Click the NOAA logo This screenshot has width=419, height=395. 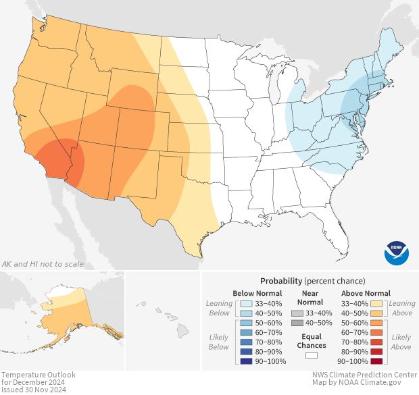[x=397, y=253]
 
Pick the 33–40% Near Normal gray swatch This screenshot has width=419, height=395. [x=297, y=314]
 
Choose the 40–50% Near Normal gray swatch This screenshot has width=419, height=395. [x=297, y=323]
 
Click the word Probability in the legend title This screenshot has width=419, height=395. [x=280, y=281]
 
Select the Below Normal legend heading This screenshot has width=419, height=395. [x=257, y=294]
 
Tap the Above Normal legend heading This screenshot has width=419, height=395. [x=366, y=294]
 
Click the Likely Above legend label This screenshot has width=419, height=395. [x=401, y=342]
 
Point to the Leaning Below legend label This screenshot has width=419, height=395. [x=220, y=308]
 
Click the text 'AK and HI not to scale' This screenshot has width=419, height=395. [x=43, y=264]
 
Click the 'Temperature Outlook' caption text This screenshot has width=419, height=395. [x=38, y=375]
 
